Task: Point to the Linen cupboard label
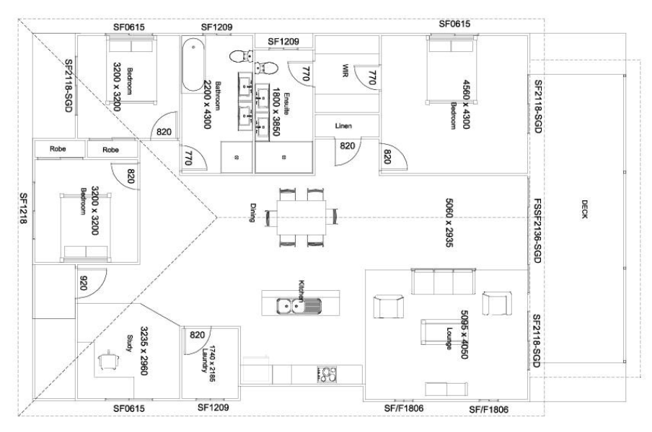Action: [x=343, y=125]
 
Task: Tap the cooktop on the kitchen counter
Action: [x=327, y=374]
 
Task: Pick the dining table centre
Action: [x=301, y=216]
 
